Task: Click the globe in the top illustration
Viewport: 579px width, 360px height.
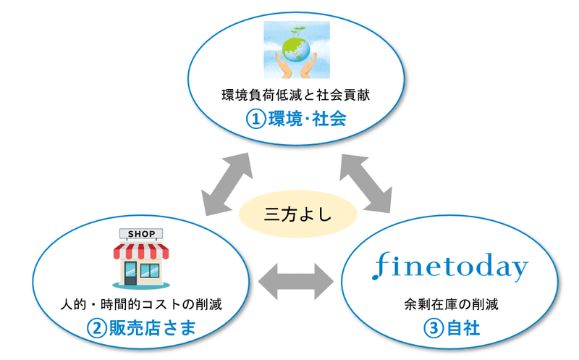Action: (x=297, y=50)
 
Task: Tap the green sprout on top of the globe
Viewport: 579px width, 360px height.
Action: (x=297, y=31)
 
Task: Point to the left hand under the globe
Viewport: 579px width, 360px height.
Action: (x=284, y=67)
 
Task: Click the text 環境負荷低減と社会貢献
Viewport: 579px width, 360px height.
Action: (x=296, y=96)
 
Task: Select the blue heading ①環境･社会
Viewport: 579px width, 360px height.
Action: (x=296, y=119)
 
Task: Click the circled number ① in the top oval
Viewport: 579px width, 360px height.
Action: (x=256, y=120)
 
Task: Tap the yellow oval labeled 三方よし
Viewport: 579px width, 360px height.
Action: (x=297, y=214)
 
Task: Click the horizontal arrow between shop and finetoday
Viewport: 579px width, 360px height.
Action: (x=296, y=282)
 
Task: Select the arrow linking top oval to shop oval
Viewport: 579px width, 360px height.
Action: (x=227, y=184)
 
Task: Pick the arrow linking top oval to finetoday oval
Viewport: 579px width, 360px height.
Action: (x=365, y=184)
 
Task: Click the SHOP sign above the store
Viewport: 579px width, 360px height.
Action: (x=141, y=234)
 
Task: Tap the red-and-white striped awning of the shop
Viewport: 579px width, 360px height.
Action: (x=141, y=251)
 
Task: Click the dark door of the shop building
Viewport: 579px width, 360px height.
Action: (x=130, y=273)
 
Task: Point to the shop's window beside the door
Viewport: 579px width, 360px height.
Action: (x=150, y=270)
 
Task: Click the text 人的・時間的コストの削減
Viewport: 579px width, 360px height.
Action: (x=141, y=304)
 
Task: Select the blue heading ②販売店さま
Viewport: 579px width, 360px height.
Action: (x=141, y=328)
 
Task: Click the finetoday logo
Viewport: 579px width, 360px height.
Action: (x=449, y=267)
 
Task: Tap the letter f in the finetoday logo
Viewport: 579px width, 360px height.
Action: (x=381, y=266)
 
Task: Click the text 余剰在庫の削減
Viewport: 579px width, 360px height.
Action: (x=451, y=304)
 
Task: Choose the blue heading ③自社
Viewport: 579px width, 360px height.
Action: (x=451, y=328)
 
